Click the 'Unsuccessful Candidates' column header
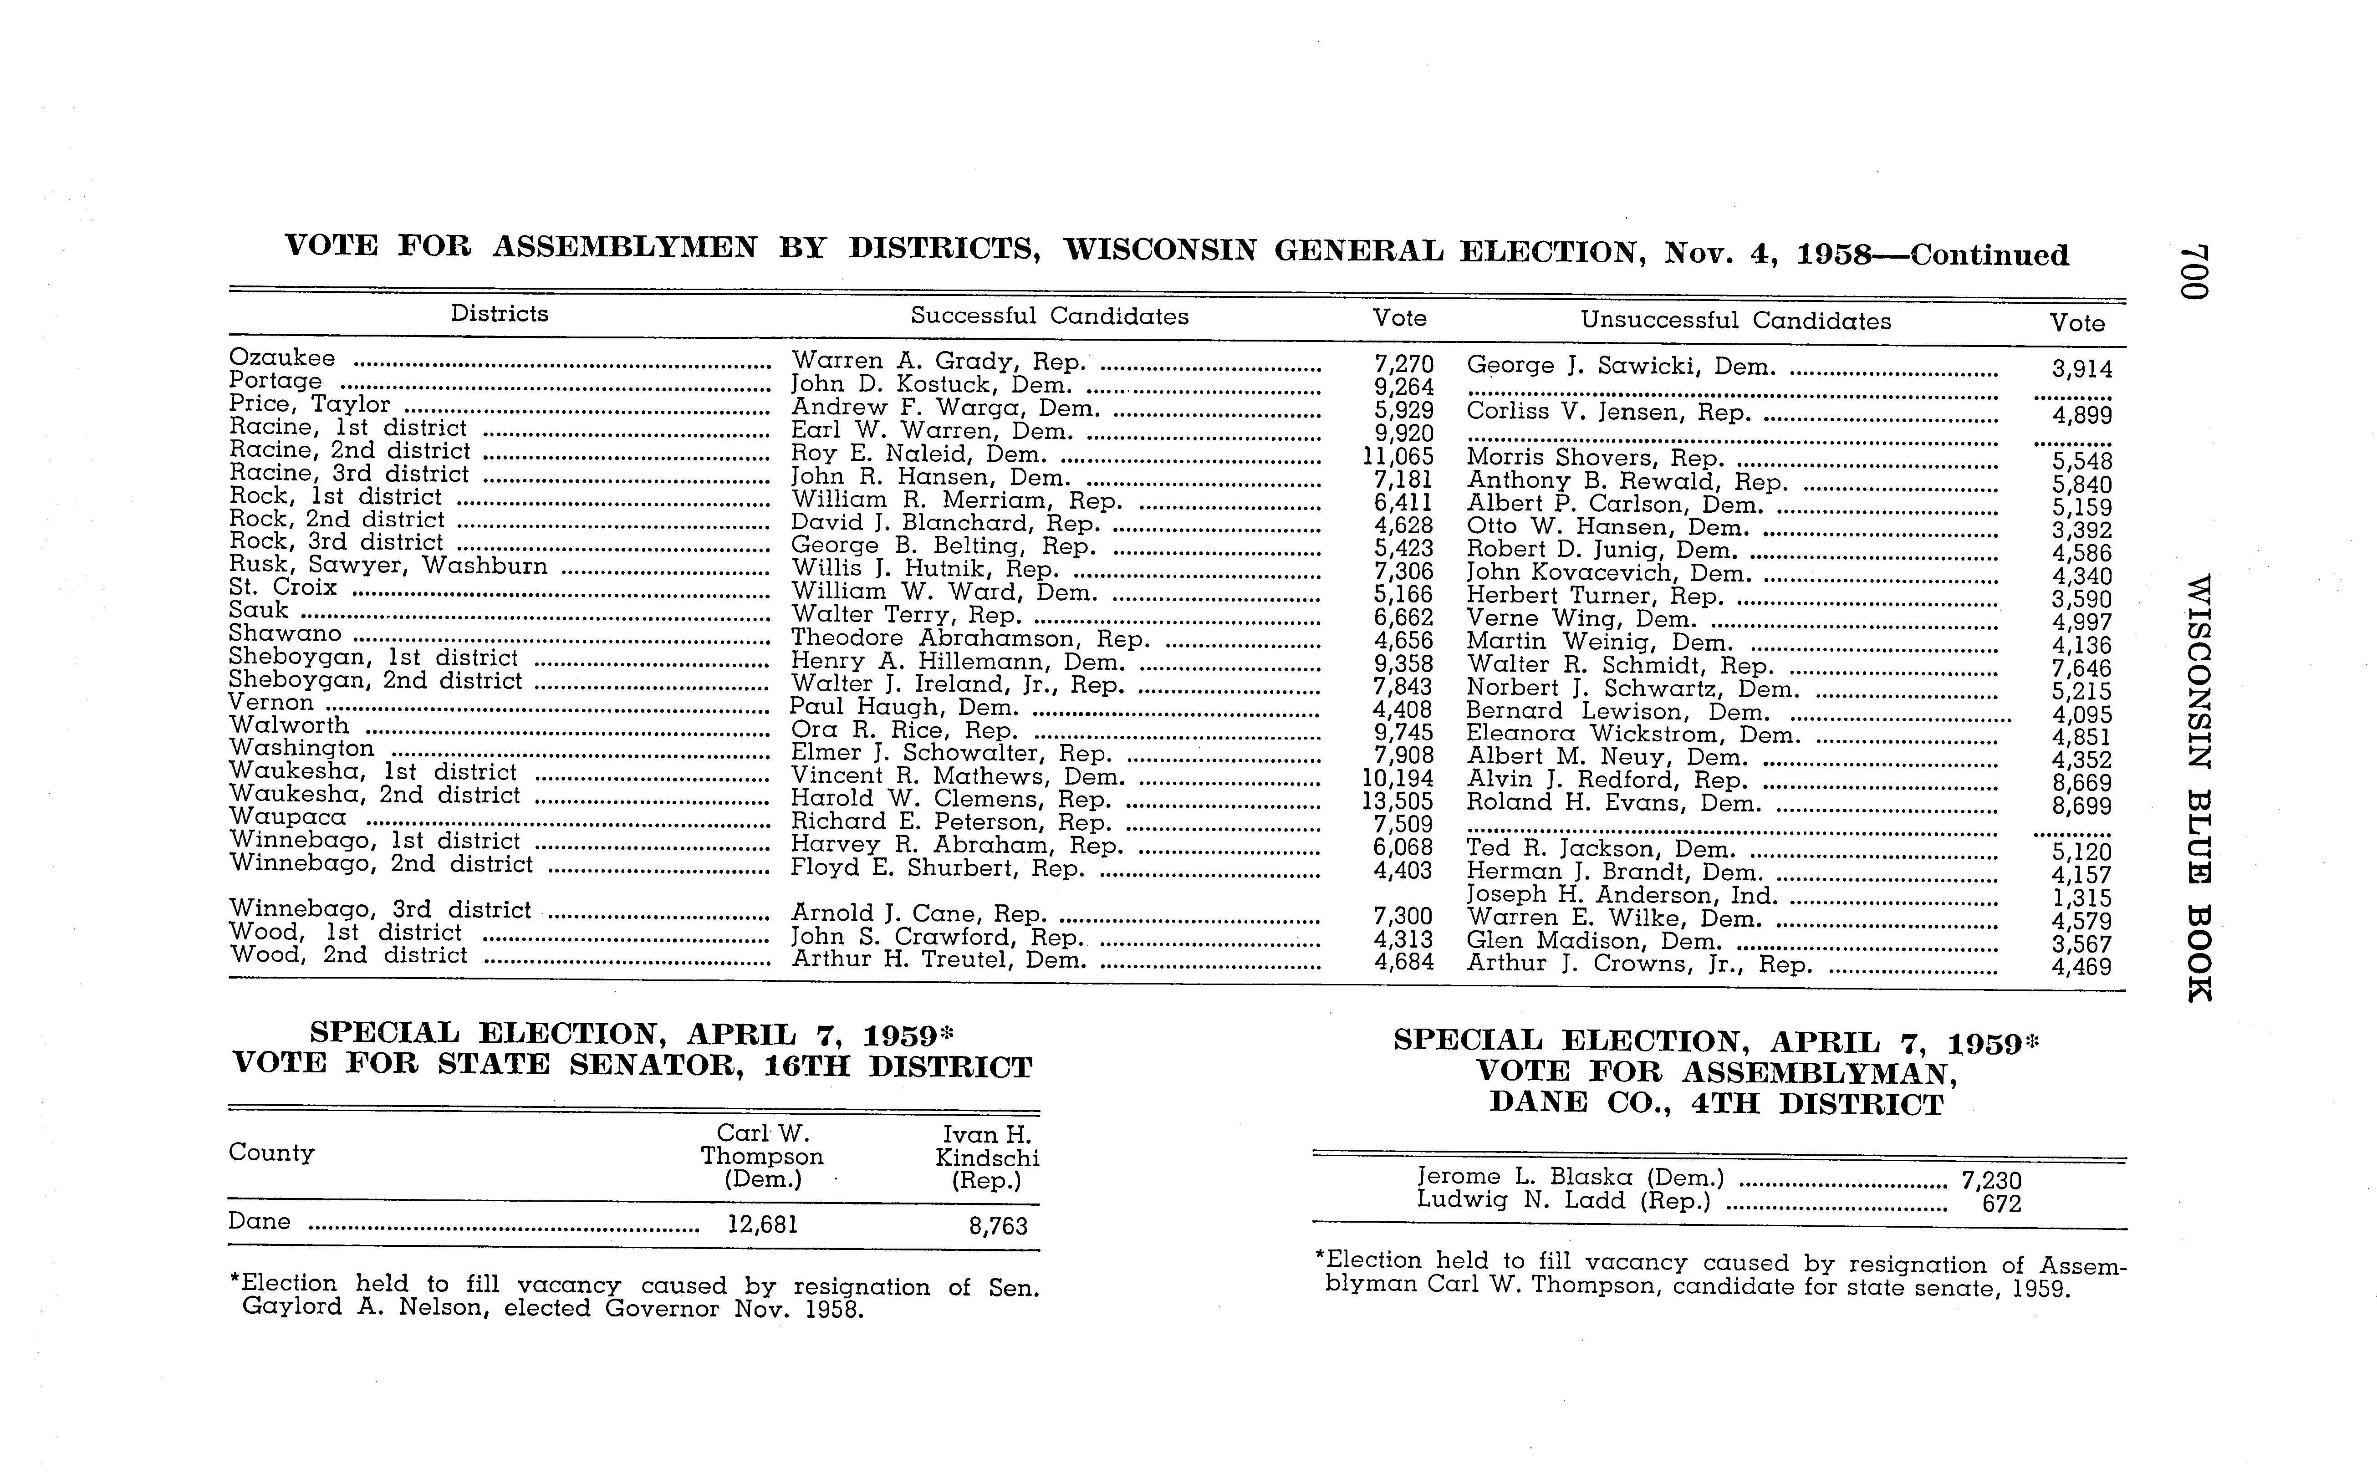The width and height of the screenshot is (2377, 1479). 1735,321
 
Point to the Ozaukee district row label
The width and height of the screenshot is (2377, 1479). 282,358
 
